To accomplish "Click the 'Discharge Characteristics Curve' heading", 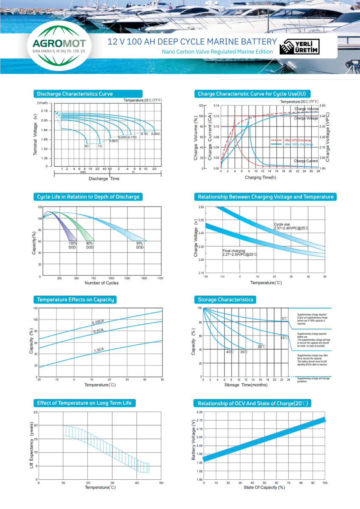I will (75, 94).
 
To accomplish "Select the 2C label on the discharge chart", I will (87, 146).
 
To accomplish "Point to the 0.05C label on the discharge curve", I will (155, 134).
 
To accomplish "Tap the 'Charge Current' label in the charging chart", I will (306, 161).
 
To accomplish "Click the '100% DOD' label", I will (73, 245).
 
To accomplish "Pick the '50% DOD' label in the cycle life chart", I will (140, 245).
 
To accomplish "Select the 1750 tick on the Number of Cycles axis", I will (160, 278).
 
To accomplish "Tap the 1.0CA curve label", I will (99, 350).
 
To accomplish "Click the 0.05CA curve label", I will (98, 322).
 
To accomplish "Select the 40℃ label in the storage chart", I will (230, 352).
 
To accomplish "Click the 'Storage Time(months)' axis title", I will (246, 385).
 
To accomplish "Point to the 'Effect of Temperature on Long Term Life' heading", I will (84, 403).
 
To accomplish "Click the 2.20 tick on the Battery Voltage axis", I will (200, 412).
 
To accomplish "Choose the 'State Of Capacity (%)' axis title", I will (264, 487).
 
